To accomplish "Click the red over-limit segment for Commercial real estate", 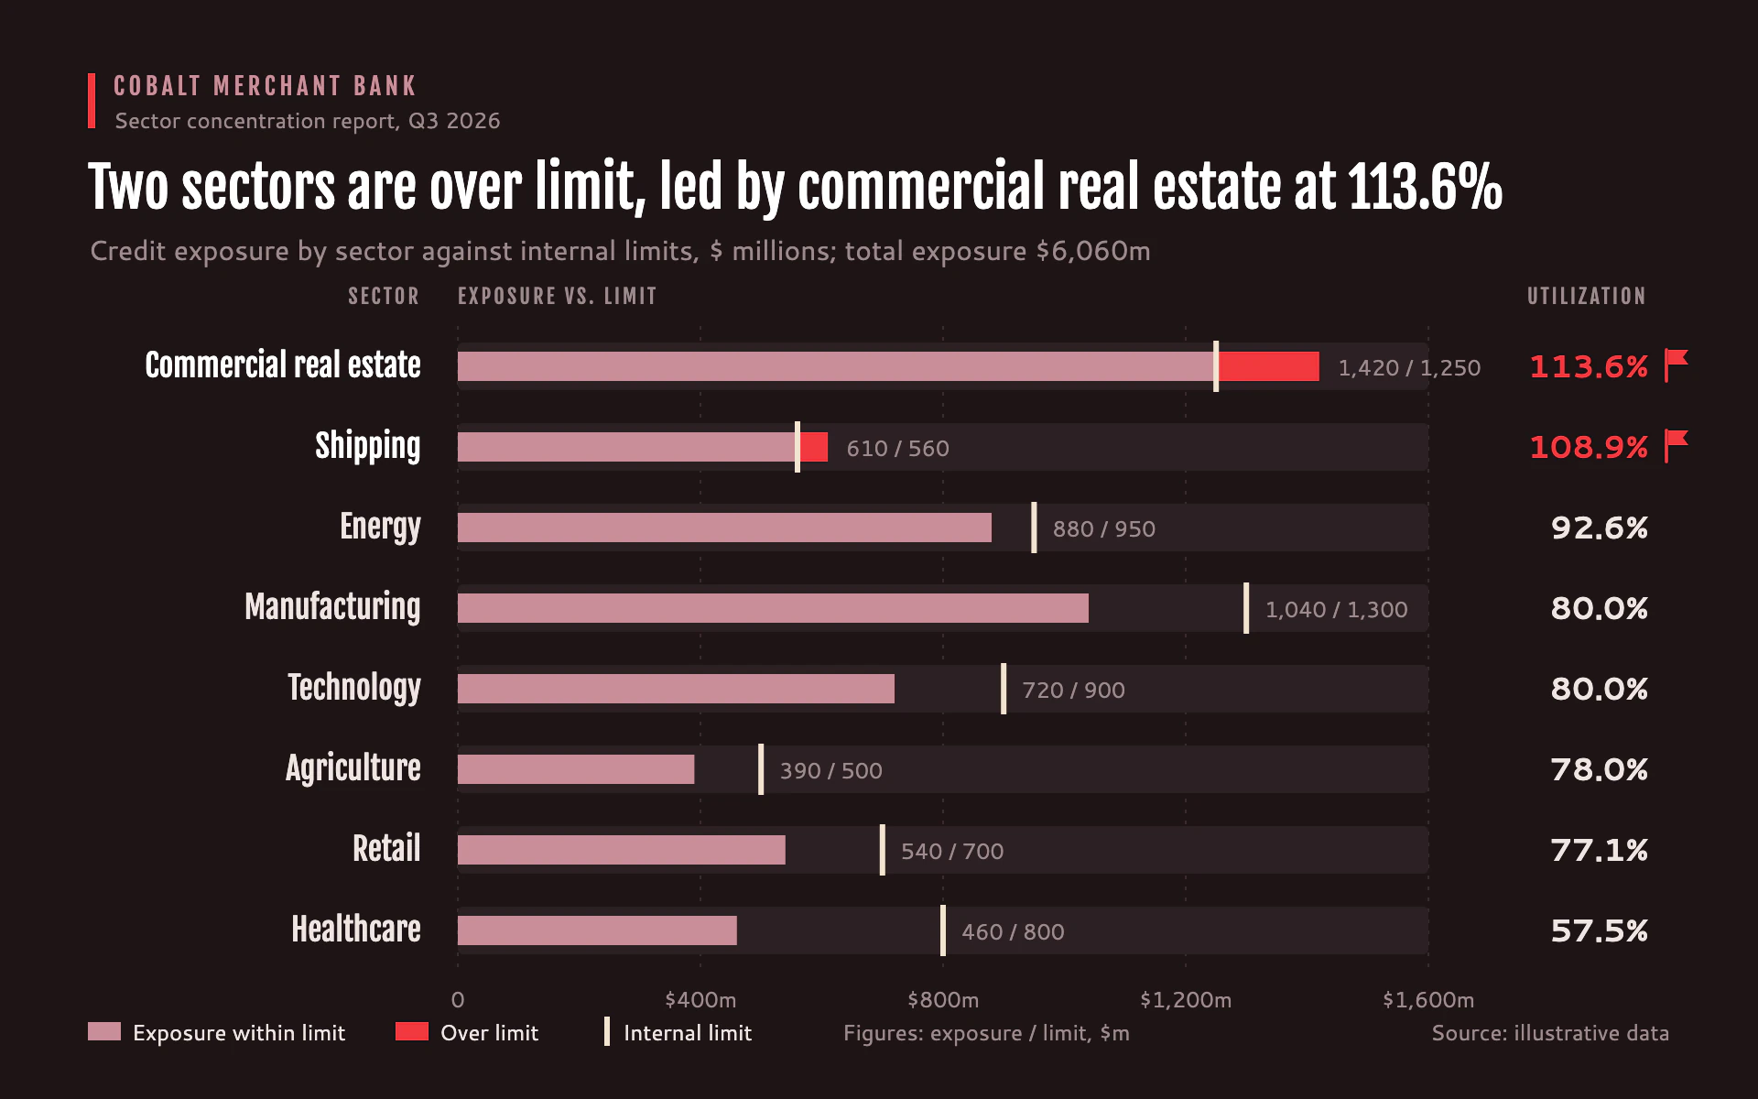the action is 1268,366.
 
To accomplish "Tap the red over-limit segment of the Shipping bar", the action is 813,447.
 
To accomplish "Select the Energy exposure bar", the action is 724,528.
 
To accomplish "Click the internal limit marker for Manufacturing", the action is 1246,608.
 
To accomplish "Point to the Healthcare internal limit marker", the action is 943,930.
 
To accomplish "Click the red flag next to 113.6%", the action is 1676,365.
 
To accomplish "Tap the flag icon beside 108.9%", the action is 1676,446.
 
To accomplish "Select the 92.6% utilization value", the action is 1599,528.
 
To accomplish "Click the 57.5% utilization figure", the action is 1599,930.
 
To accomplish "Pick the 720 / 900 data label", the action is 1073,690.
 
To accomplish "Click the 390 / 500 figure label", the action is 830,770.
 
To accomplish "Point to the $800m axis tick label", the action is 943,999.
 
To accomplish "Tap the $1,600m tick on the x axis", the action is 1428,999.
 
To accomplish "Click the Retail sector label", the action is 386,848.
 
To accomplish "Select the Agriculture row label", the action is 353,767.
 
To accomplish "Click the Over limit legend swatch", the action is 412,1032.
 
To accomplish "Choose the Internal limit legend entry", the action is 678,1032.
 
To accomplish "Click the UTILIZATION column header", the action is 1586,296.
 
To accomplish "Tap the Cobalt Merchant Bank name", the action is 265,86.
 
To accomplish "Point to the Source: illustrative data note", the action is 1550,1033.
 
